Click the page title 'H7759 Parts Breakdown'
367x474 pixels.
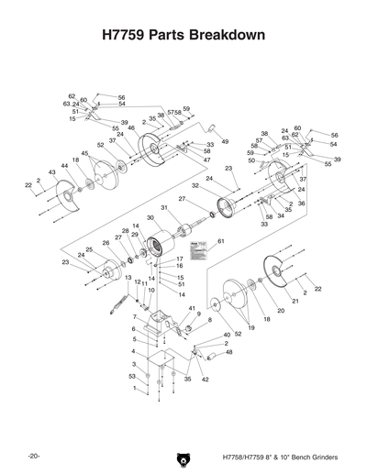pos(183,36)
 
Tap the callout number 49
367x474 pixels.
pos(225,142)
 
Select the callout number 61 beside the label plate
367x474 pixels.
pos(221,241)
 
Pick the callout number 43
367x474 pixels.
pos(52,172)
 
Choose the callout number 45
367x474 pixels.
pos(85,153)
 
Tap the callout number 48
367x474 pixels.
pos(228,352)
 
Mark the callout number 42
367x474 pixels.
pos(205,379)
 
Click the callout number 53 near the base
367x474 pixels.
pos(132,376)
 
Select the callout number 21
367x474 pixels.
pos(295,301)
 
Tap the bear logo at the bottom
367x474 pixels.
pos(183,455)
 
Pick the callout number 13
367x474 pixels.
pos(128,277)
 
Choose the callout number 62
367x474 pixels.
pos(72,96)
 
